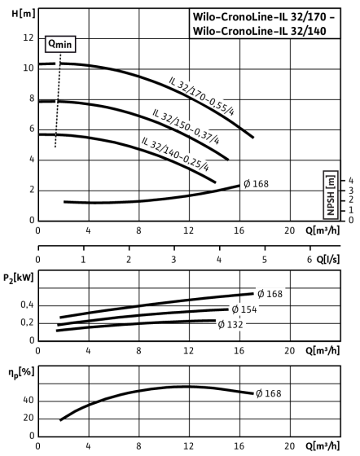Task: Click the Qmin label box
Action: pos(60,44)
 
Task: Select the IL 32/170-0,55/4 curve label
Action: pos(201,96)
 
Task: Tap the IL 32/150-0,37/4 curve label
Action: pos(186,126)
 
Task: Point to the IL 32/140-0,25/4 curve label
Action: pos(175,154)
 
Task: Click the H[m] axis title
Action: pos(24,13)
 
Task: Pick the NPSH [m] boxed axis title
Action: pos(331,195)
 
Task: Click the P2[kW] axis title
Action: pos(18,278)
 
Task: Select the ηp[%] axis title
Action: pos(21,373)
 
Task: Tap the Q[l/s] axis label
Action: pos(327,259)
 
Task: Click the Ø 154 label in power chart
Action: pos(244,309)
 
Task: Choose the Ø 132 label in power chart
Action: pos(230,324)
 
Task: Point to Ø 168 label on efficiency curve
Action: pos(269,393)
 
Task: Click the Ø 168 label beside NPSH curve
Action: pos(256,184)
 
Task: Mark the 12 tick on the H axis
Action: pos(29,37)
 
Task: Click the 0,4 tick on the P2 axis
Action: pos(27,305)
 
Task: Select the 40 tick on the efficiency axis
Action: pos(29,401)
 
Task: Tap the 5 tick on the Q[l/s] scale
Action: pos(265,259)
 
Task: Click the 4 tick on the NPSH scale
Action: pos(351,181)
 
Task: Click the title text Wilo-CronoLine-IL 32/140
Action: pos(259,31)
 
